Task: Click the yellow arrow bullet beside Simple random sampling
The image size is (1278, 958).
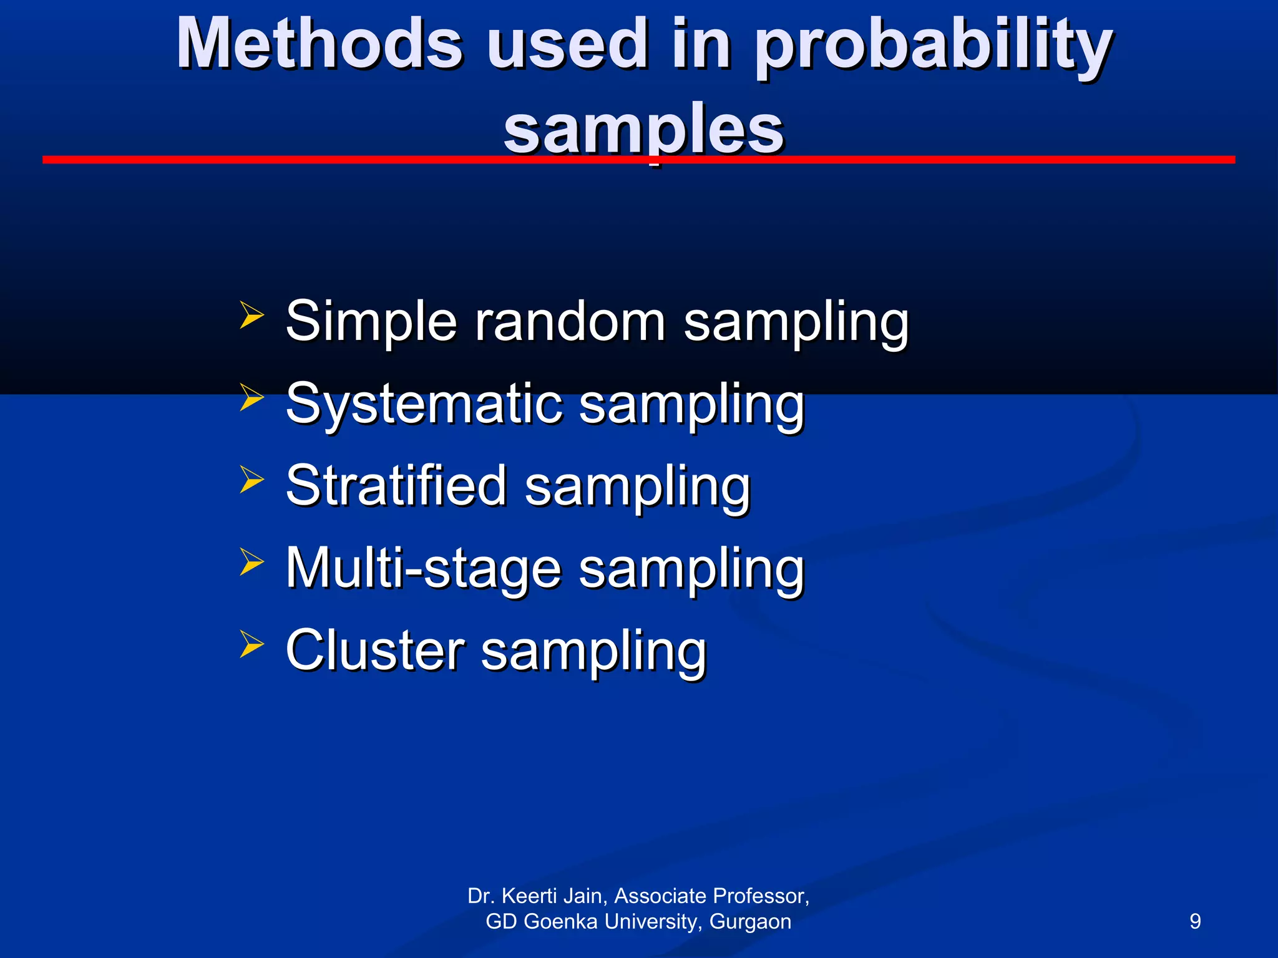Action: coord(251,316)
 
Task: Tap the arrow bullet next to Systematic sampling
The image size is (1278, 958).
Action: coord(251,398)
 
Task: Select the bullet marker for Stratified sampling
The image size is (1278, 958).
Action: coord(251,480)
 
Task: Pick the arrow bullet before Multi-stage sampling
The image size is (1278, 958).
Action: coord(251,562)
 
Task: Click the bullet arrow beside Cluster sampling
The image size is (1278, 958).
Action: coord(251,644)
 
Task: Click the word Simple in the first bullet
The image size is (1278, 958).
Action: coord(371,322)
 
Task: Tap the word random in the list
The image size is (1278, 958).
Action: coord(570,322)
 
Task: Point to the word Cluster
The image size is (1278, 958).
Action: coord(375,651)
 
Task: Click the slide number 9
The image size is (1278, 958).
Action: coord(1195,921)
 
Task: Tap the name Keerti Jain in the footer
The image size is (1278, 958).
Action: coord(552,896)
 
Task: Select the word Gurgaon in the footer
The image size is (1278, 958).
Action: coord(750,922)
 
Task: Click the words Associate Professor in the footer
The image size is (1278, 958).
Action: coord(711,896)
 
